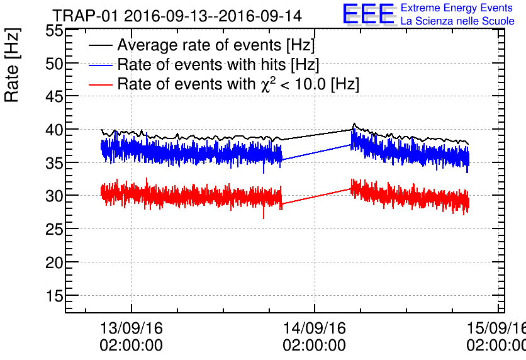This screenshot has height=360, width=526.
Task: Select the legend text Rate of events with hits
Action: click(218, 65)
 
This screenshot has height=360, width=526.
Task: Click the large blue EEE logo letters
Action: click(369, 14)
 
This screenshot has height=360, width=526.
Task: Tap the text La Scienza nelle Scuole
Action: click(457, 21)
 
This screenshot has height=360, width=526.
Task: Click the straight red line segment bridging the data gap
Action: click(316, 196)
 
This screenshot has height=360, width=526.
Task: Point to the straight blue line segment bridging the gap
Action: click(316, 152)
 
